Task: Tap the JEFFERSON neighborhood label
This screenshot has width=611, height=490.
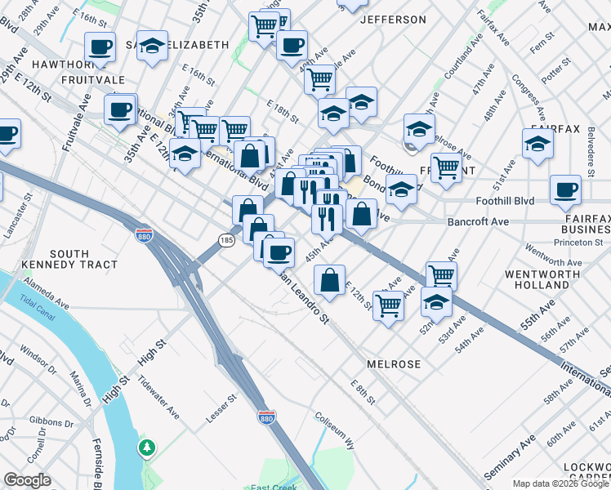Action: click(x=392, y=20)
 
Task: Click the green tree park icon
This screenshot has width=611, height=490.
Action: click(x=147, y=448)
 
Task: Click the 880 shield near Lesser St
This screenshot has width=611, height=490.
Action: click(x=266, y=417)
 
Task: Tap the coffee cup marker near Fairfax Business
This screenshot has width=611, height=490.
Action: click(x=565, y=190)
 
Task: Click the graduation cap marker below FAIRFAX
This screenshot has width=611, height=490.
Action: click(x=537, y=145)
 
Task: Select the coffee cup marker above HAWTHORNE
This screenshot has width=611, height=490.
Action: click(x=100, y=47)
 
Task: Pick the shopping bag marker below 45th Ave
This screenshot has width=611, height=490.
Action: click(x=329, y=281)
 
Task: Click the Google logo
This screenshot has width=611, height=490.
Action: click(x=28, y=480)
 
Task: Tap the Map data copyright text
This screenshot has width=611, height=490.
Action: click(x=560, y=483)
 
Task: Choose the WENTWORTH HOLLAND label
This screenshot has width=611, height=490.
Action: click(x=542, y=279)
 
